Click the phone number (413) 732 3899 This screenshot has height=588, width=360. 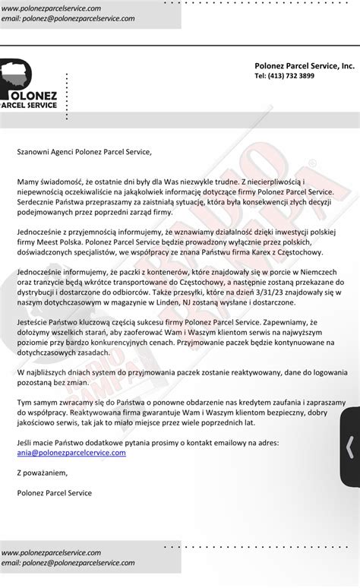284,76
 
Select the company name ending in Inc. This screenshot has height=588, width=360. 304,66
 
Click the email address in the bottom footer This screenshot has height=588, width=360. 68,563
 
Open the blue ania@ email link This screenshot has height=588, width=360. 71,452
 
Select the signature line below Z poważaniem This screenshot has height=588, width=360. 54,493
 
